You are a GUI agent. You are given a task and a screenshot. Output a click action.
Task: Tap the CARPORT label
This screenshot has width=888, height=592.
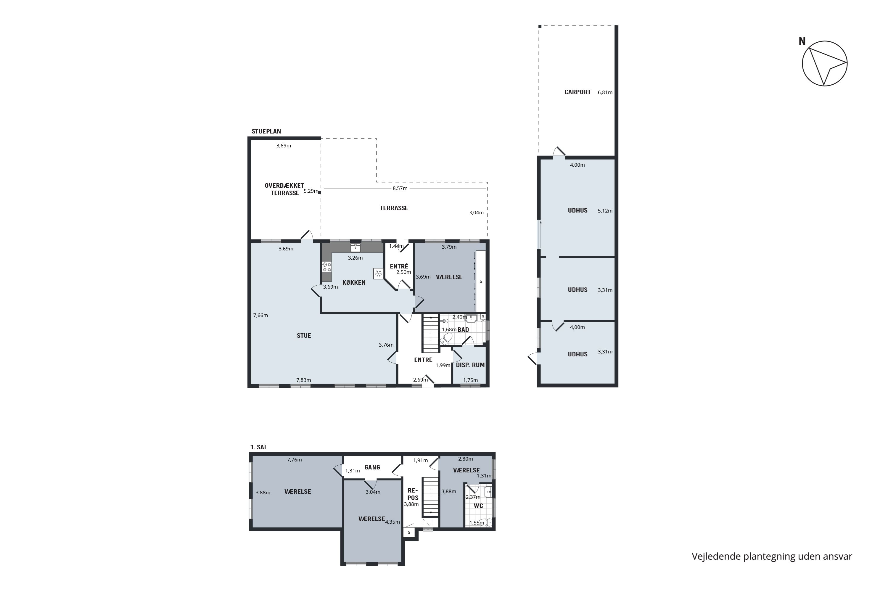(577, 92)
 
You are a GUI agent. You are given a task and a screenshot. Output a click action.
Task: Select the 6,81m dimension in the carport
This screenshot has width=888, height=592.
(605, 92)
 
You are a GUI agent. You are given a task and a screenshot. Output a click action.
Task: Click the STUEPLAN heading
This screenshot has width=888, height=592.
(266, 131)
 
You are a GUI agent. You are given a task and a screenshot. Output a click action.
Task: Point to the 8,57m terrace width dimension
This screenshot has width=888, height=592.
(400, 188)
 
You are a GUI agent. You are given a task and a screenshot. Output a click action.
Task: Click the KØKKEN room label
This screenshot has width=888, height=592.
(354, 282)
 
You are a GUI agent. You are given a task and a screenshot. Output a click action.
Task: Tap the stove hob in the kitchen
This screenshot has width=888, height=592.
(326, 267)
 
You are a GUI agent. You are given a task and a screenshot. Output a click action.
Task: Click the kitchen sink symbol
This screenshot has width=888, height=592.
(355, 248)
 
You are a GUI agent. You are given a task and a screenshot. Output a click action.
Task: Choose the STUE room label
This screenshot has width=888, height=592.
(304, 336)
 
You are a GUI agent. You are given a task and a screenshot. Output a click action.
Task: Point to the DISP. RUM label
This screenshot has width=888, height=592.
(470, 365)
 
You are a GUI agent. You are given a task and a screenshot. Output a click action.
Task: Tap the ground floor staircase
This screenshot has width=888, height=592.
(430, 333)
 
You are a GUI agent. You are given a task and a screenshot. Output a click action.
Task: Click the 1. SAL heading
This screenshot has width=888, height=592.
(259, 447)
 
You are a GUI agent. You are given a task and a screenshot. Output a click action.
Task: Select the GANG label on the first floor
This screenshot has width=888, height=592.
(372, 467)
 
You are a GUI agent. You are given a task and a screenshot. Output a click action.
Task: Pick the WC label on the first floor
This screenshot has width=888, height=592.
(478, 506)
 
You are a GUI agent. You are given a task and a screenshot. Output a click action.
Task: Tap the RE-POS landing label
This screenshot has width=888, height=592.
(413, 494)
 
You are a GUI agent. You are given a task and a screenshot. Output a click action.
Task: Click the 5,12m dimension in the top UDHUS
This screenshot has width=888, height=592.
(605, 211)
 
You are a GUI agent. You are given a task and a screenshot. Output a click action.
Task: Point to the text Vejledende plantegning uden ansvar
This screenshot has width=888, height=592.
(772, 556)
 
